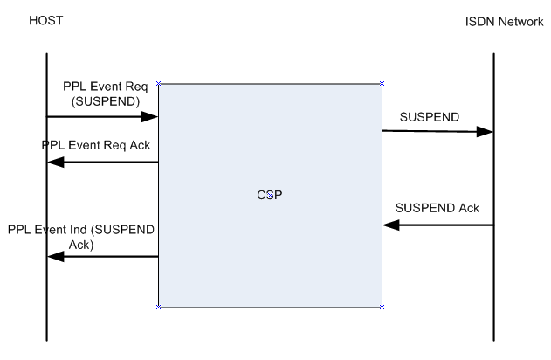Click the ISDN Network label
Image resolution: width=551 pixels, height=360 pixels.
504,21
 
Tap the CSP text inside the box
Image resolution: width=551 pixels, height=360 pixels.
270,195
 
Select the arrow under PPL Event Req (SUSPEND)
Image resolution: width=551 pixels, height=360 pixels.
102,116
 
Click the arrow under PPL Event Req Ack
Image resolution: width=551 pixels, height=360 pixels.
102,163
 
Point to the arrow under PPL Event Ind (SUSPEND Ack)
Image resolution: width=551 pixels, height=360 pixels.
102,256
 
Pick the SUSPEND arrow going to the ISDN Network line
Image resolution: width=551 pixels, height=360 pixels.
437,132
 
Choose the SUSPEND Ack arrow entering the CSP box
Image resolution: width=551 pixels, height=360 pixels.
437,225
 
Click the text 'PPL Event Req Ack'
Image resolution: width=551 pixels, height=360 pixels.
95,145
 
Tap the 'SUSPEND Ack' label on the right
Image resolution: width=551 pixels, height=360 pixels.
437,209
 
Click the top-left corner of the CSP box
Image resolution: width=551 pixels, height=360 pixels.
158,84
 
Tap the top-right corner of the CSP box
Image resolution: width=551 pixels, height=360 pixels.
382,84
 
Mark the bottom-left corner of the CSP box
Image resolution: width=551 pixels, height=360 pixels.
158,307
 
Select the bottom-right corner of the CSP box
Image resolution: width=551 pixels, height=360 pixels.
382,307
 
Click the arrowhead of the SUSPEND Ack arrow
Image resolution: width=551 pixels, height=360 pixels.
390,225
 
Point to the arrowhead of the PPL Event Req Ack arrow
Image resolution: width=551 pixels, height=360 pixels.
55,163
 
